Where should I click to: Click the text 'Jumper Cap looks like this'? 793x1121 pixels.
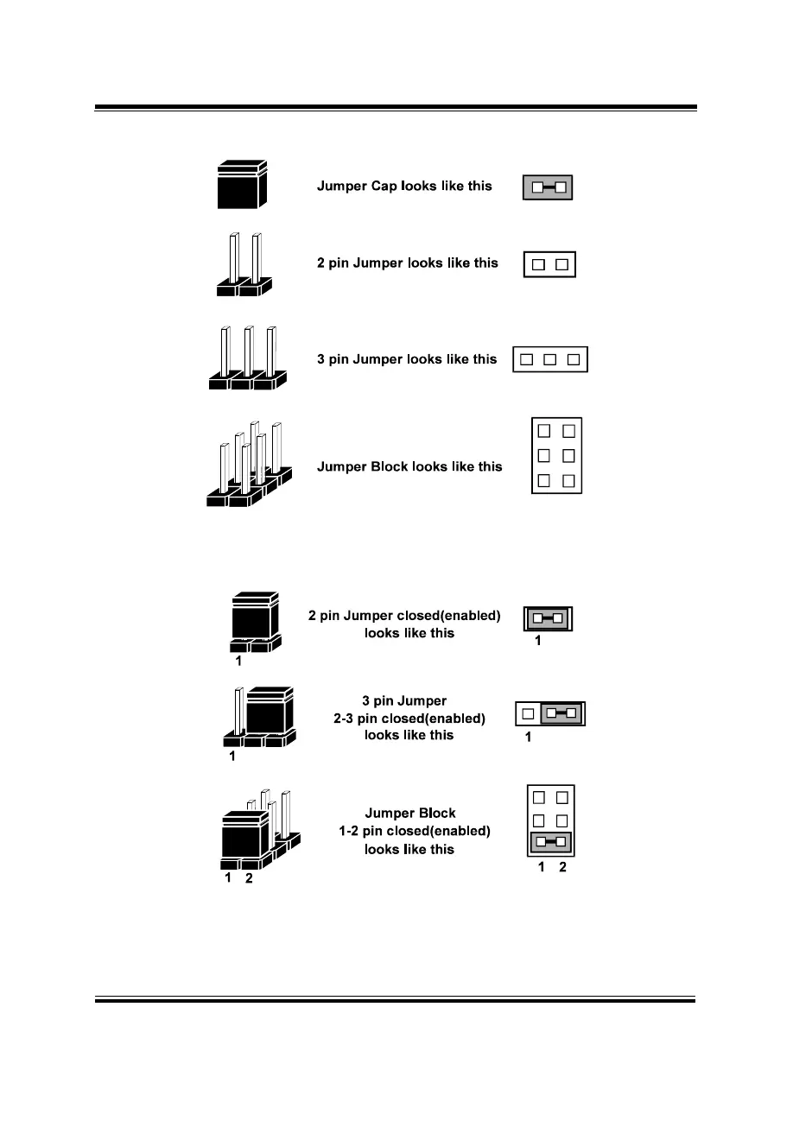(404, 186)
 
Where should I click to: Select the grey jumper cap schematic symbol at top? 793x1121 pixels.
(549, 187)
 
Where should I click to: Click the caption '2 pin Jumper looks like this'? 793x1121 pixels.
(407, 263)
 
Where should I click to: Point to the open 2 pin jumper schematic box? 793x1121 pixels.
(549, 263)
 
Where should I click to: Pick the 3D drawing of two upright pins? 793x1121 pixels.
(244, 264)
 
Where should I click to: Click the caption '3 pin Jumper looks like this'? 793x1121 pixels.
(407, 358)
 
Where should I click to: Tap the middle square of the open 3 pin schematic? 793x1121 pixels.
(549, 359)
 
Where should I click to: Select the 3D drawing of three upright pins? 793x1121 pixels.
(247, 358)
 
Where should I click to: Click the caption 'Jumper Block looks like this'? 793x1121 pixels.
(409, 466)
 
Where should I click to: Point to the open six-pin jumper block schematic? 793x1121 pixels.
(556, 455)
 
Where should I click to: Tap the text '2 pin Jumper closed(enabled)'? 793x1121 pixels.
(404, 617)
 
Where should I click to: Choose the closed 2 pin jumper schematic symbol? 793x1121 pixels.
(549, 618)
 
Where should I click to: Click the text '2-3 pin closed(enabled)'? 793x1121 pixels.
(409, 718)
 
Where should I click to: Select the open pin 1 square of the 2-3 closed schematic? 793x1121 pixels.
(528, 713)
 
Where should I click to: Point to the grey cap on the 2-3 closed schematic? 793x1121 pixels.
(562, 713)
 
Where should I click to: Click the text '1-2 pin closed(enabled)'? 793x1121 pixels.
(414, 831)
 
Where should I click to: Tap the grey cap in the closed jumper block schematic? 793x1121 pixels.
(550, 842)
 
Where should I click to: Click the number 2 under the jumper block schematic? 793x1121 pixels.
(562, 867)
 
